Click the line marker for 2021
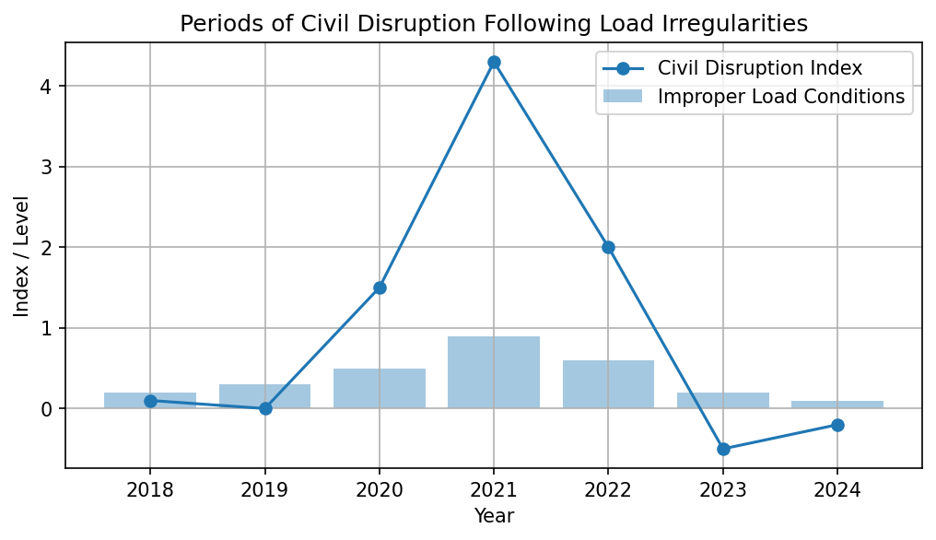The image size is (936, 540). tap(494, 62)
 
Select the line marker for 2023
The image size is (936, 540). tap(723, 449)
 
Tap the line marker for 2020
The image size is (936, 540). tap(380, 288)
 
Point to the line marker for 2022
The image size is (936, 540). tap(608, 247)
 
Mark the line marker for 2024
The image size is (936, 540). tap(837, 425)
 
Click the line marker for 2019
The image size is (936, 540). tap(265, 408)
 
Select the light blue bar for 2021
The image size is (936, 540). tap(494, 372)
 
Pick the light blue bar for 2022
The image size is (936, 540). tap(608, 384)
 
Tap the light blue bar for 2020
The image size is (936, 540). tap(380, 388)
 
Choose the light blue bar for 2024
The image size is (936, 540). tap(837, 405)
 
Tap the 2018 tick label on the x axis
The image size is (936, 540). tap(150, 488)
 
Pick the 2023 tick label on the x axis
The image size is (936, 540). tap(723, 488)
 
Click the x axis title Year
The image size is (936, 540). tap(494, 516)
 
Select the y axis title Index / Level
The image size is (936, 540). tap(21, 255)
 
